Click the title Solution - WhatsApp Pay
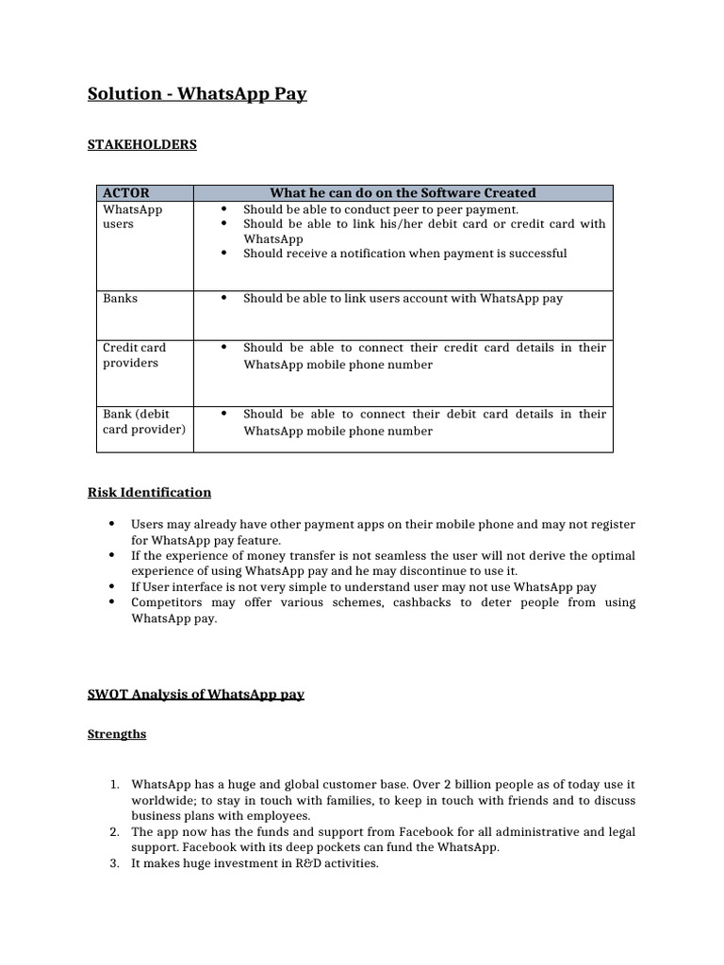coord(197,94)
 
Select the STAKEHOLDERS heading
coord(142,144)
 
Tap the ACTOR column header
coord(126,192)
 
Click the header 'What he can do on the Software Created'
coord(403,192)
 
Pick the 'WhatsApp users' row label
coord(132,217)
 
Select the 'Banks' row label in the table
coord(120,298)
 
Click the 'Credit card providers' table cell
coord(131,355)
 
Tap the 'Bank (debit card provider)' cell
coord(143,421)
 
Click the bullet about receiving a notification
coord(404,254)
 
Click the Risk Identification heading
coord(149,492)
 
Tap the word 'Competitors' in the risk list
coord(164,602)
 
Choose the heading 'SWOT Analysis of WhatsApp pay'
coord(196,695)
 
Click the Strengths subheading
coord(117,733)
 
